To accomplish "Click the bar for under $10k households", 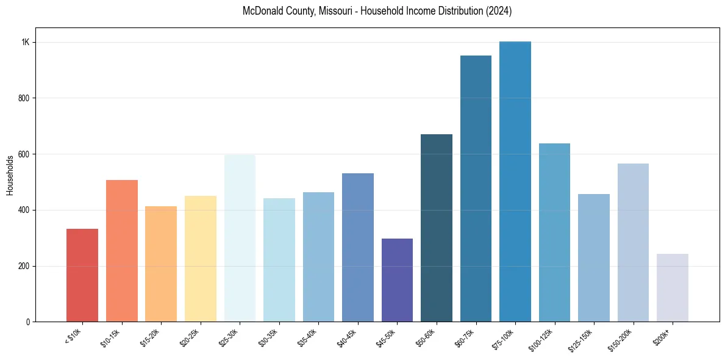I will tap(82, 275).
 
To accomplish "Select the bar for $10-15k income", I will tap(122, 251).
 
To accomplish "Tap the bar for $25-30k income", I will tap(240, 238).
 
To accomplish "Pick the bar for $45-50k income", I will tap(397, 280).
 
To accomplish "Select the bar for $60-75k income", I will tap(476, 189).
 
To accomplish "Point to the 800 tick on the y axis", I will tap(24, 98).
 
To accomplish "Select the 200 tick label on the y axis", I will tap(24, 266).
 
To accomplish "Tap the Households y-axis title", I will tap(10, 175).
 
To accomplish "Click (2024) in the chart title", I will tap(499, 12).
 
